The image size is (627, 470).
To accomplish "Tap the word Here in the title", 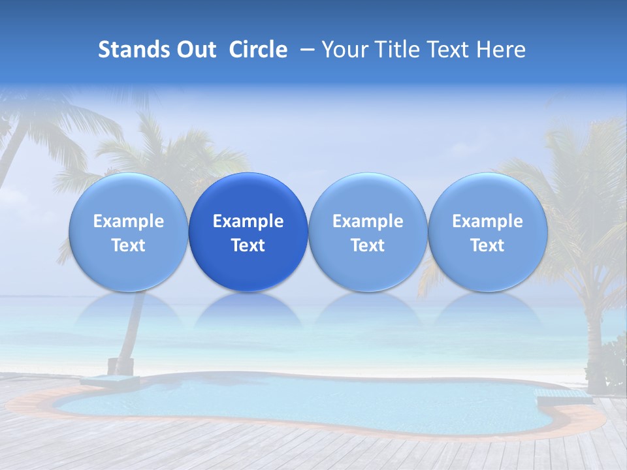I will pos(502,50).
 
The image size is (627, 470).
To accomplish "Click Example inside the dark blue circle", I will pos(248,221).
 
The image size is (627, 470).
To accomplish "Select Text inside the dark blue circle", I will pos(248,245).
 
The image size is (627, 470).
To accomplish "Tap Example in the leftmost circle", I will pos(129,221).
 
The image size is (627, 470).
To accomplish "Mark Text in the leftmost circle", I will pos(129,245).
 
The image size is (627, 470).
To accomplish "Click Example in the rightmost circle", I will pos(487,221).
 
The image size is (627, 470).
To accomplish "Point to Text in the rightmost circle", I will pos(487,245).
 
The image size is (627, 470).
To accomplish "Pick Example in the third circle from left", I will pos(368,221).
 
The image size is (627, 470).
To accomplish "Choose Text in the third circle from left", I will pos(368,245).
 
